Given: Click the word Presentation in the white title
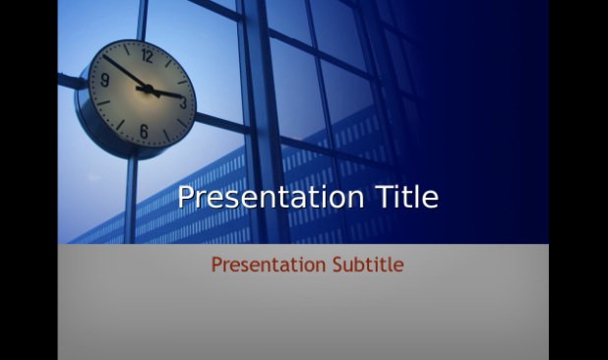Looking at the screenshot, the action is pos(271,198).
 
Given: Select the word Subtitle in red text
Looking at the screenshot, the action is pos(368,265).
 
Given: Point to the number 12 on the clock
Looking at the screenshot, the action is pos(147,56).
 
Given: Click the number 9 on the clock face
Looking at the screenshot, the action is pos(104,80).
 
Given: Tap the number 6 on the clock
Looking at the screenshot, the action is pos(144,132).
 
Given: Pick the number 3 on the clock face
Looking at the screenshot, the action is pos(183,102).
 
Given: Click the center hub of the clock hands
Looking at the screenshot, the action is pos(148,90).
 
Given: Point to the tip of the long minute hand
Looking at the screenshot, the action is pos(103,55).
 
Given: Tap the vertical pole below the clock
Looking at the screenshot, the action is pos(130,200).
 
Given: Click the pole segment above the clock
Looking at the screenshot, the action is pos(142,20).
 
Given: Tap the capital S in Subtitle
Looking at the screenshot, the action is pos(337,265).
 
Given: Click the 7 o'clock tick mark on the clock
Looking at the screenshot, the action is pos(120,125).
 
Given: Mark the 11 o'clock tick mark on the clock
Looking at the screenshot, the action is pos(126,49).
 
